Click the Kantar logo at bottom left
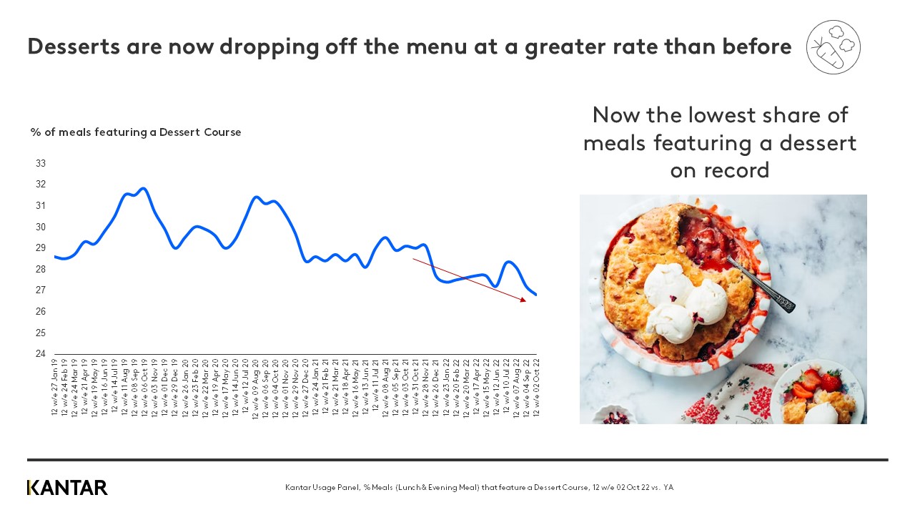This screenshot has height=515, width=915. (67, 488)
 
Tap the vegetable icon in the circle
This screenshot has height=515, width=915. (833, 47)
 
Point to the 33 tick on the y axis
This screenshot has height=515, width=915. (41, 163)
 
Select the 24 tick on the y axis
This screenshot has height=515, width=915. (41, 354)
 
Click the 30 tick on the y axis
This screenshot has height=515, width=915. (41, 227)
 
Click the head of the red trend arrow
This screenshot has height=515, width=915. (523, 300)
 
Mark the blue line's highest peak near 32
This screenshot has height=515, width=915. (144, 189)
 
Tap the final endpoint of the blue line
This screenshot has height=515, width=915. (536, 295)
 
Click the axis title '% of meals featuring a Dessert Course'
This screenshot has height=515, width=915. (136, 132)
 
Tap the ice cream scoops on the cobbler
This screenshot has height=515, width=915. (676, 300)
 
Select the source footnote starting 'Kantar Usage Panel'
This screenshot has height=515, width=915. (479, 488)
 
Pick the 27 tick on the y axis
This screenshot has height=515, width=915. (41, 290)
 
